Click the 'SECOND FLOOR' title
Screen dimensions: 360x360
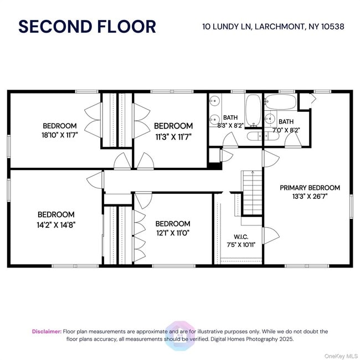point(87,26)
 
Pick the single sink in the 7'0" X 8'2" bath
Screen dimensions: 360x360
point(270,119)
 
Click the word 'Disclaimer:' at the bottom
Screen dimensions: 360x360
point(47,331)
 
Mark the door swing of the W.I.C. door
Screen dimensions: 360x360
point(270,235)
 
